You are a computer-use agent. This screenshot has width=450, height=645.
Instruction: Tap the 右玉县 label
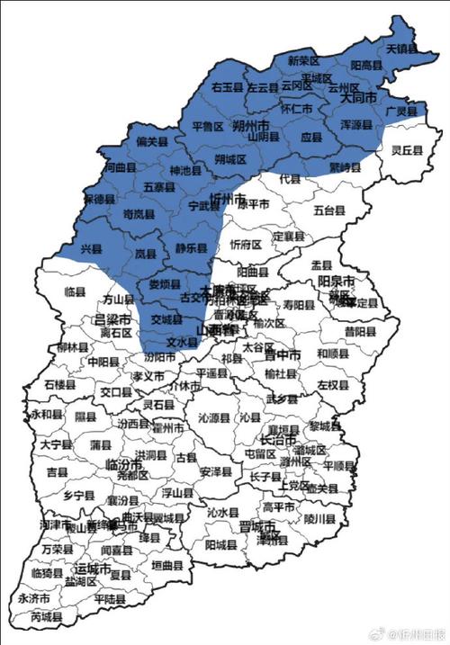[x=229, y=87]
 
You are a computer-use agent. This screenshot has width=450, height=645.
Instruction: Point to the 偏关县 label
[x=152, y=141]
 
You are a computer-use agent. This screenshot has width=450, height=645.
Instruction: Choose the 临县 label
[x=75, y=292]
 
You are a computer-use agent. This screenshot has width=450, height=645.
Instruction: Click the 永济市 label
[x=34, y=597]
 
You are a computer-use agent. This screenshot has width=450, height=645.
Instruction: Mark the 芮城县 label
[x=47, y=618]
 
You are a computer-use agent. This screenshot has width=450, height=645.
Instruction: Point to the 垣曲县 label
[x=166, y=566]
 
